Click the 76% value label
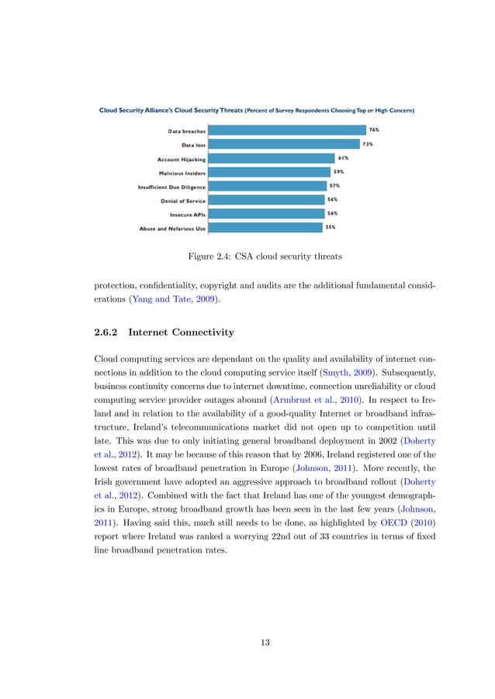(374, 129)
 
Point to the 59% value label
(338, 171)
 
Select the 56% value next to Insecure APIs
(332, 213)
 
